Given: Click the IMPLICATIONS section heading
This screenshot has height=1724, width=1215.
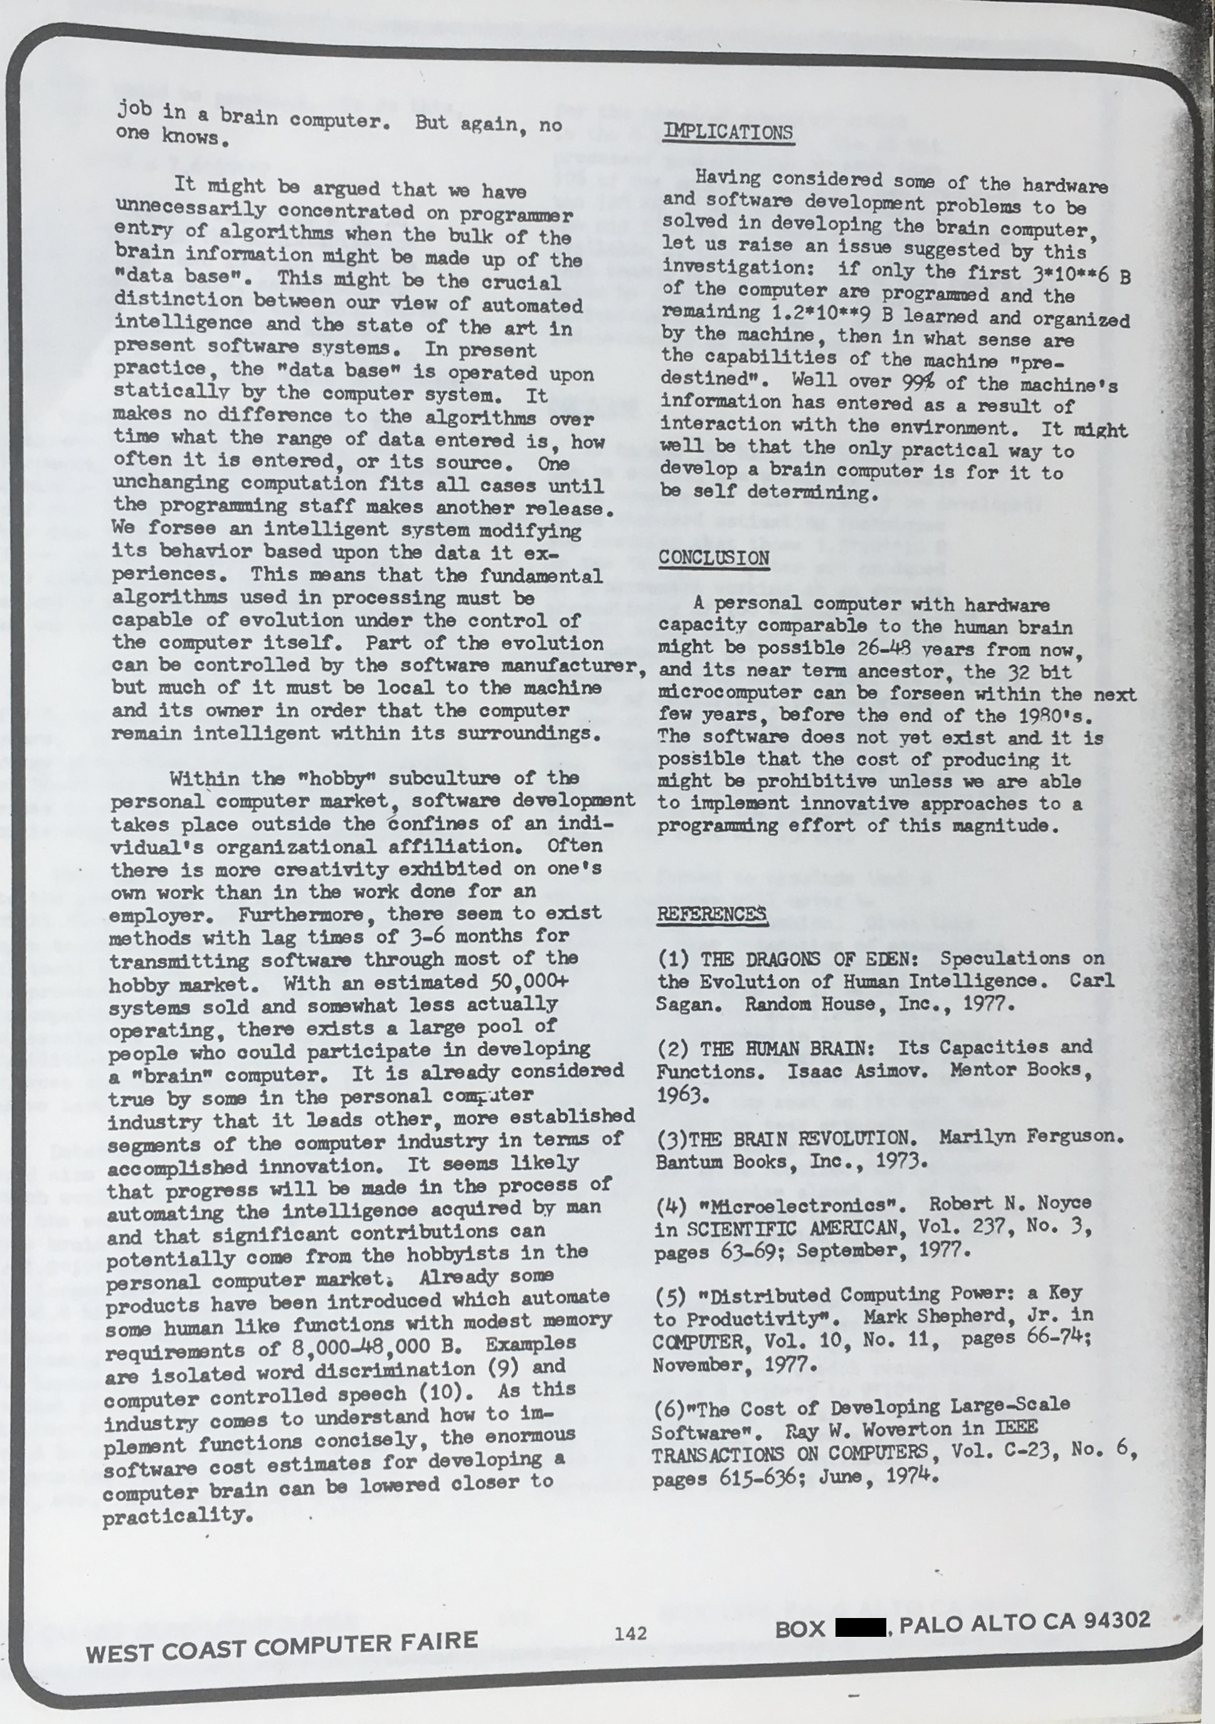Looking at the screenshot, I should (x=728, y=132).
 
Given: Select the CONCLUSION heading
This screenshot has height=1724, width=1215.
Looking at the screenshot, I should (x=713, y=558).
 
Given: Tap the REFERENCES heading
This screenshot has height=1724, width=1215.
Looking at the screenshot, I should (x=711, y=914).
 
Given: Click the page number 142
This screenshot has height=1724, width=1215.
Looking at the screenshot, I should (x=629, y=1632).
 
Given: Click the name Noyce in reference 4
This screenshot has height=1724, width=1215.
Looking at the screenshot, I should (x=1063, y=1203).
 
